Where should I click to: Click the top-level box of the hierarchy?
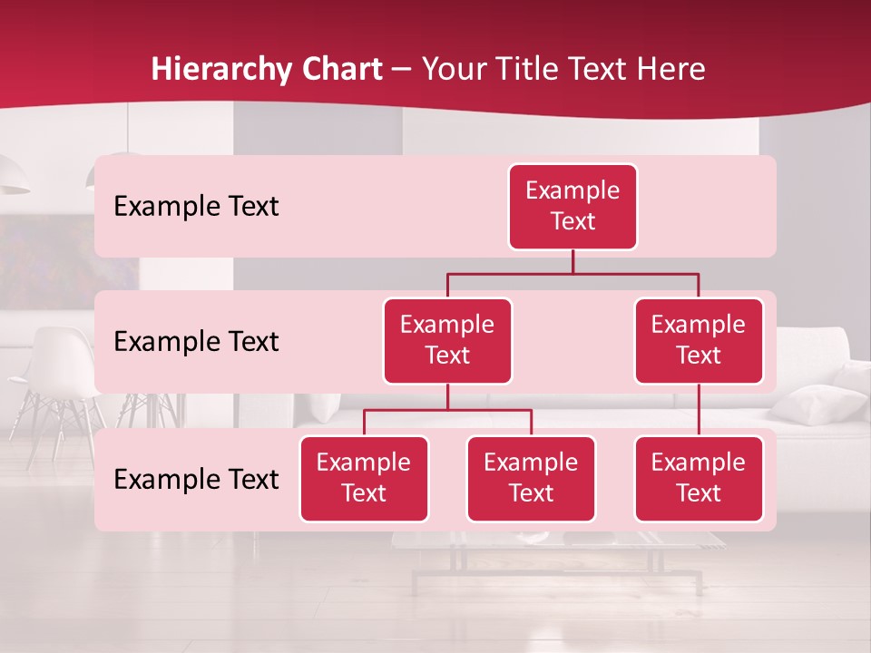coord(573,206)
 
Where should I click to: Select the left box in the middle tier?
coord(447,340)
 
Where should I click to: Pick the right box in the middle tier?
coord(699,340)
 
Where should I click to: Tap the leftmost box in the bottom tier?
coord(364,478)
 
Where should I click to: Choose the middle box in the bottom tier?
coord(531,478)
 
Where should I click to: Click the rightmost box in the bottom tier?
coord(699,478)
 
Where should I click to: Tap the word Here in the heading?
coord(672,69)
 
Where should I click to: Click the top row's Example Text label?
coord(196,206)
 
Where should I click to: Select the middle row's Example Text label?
coord(196,341)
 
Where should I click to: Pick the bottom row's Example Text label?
coord(196,479)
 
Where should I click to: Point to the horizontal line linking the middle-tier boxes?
coord(573,273)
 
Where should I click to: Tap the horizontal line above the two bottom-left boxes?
coord(447,410)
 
